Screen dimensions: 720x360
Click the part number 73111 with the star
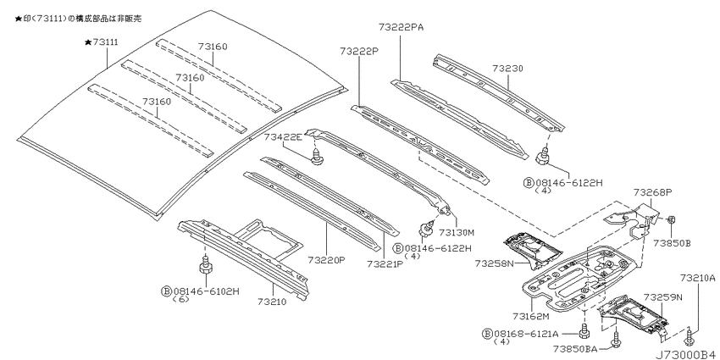102,42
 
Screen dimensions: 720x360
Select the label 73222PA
402,27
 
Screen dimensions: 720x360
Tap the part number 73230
508,69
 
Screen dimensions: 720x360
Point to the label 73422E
283,136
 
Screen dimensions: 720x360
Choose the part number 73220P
326,260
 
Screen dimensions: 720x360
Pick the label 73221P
385,264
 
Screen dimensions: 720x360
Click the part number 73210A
698,278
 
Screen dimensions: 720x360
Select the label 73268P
652,192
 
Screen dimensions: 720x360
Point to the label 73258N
494,263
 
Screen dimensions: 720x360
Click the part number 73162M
531,316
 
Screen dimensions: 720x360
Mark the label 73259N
663,297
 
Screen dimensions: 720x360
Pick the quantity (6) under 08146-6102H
180,299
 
